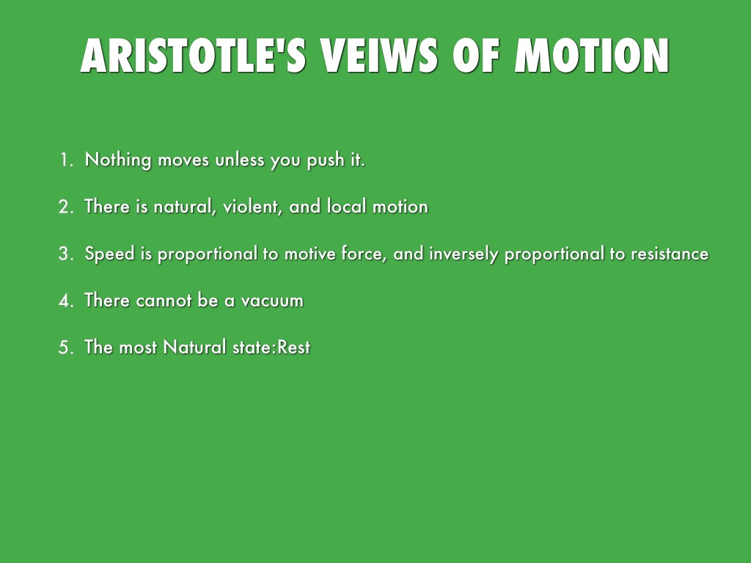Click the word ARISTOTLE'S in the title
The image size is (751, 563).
[x=193, y=56]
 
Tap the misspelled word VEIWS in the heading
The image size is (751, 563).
[x=379, y=56]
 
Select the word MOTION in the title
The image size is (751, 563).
[x=592, y=56]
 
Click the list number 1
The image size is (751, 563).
[x=66, y=160]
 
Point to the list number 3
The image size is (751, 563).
[x=66, y=254]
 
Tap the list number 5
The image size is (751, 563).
[x=66, y=347]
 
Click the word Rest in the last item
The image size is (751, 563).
[x=293, y=347]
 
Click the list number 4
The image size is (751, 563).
[x=66, y=301]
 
